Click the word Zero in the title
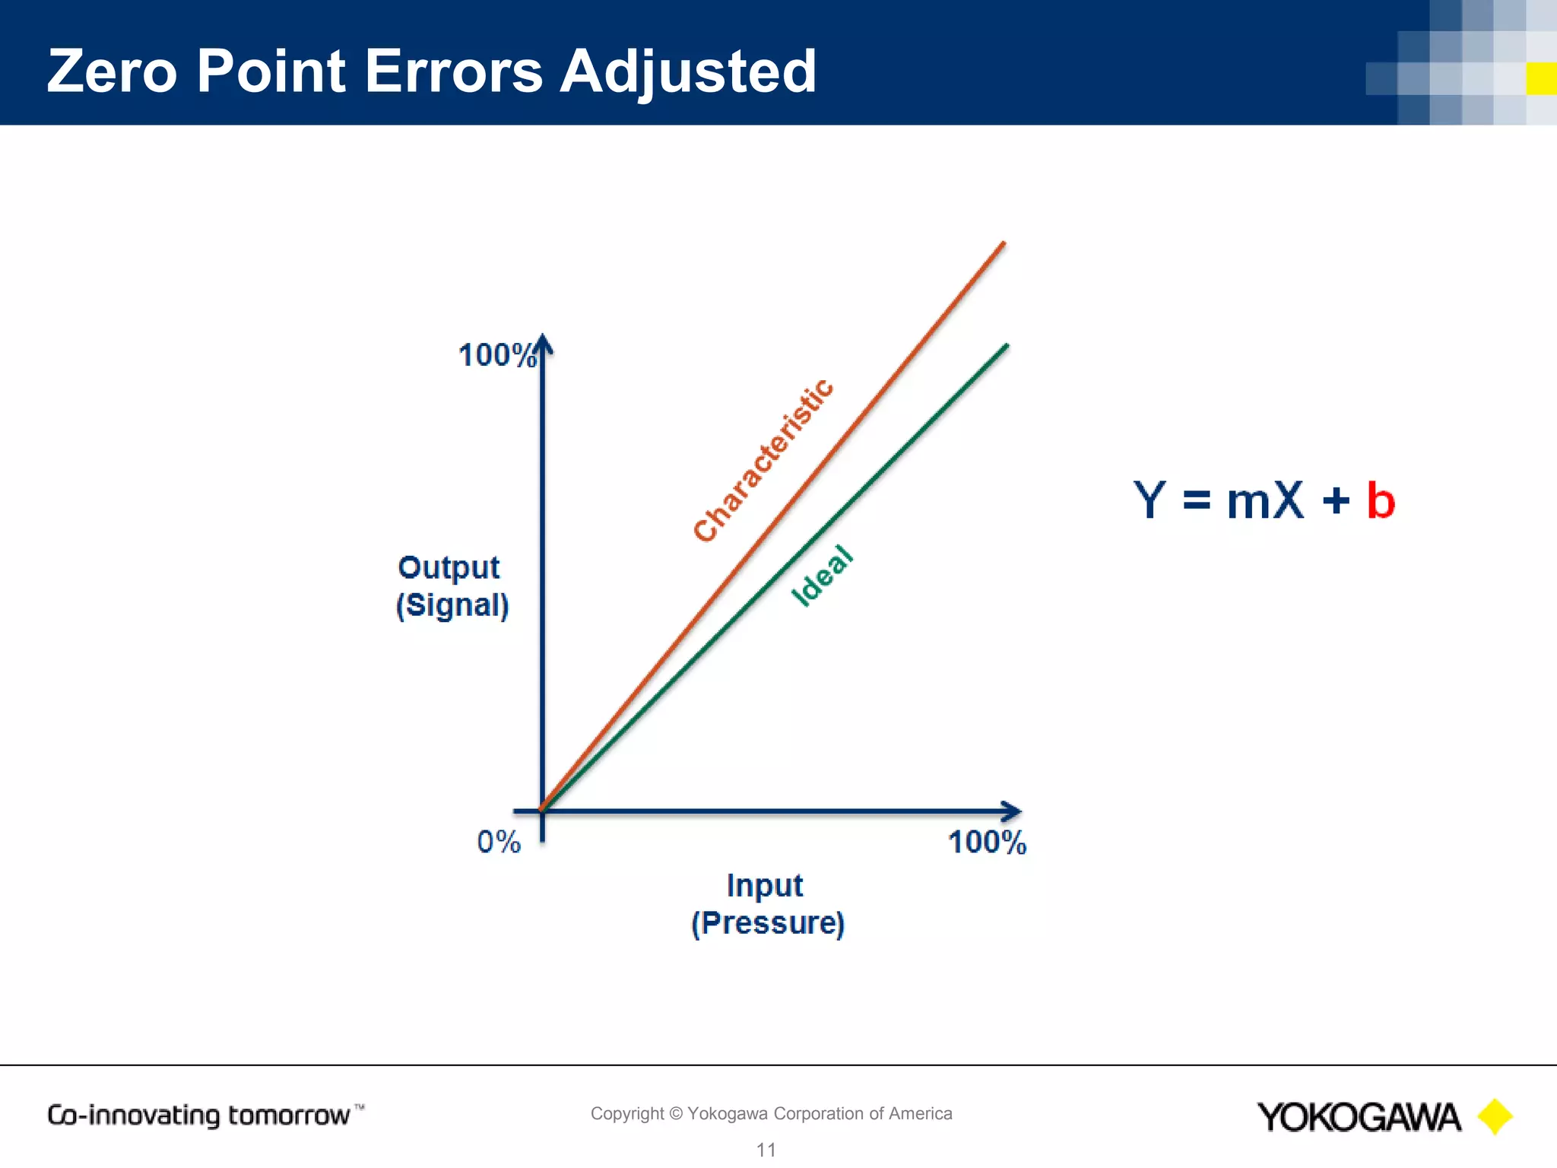112,71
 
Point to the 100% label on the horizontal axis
987,843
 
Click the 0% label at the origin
499,843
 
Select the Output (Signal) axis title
452,586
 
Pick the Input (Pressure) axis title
767,904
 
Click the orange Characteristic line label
763,461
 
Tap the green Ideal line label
823,576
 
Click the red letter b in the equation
1381,501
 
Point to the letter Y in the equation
1150,501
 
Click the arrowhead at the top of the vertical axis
542,344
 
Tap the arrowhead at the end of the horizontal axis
1012,811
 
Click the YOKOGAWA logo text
1359,1117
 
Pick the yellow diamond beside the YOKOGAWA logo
1495,1116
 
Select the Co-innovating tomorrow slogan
199,1116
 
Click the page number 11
766,1150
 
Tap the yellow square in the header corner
1541,79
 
